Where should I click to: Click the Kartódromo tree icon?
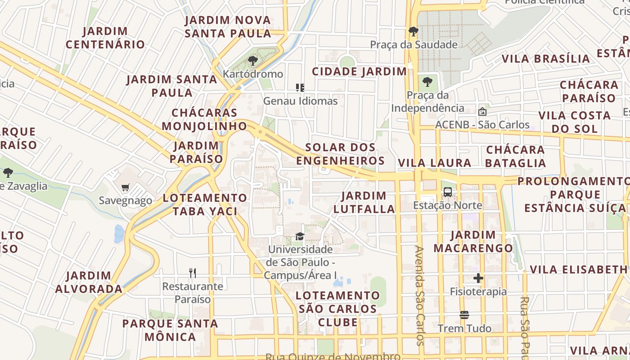point(253,61)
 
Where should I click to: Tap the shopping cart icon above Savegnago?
point(125,187)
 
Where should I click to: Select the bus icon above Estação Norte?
point(447,192)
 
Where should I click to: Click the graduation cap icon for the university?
point(300,236)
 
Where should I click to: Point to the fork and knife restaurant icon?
point(193,273)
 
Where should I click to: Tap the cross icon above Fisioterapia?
point(478,278)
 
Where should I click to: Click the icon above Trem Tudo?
point(464,315)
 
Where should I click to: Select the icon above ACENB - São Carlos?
point(482,111)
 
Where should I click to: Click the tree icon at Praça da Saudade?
point(413,31)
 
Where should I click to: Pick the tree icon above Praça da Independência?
point(427,82)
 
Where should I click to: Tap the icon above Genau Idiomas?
point(300,88)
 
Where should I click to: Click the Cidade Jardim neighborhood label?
point(360,72)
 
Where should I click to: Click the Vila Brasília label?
point(546,59)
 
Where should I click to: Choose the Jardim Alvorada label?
point(89,282)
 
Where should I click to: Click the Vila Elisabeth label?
point(578,270)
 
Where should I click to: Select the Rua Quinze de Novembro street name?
point(333,356)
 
